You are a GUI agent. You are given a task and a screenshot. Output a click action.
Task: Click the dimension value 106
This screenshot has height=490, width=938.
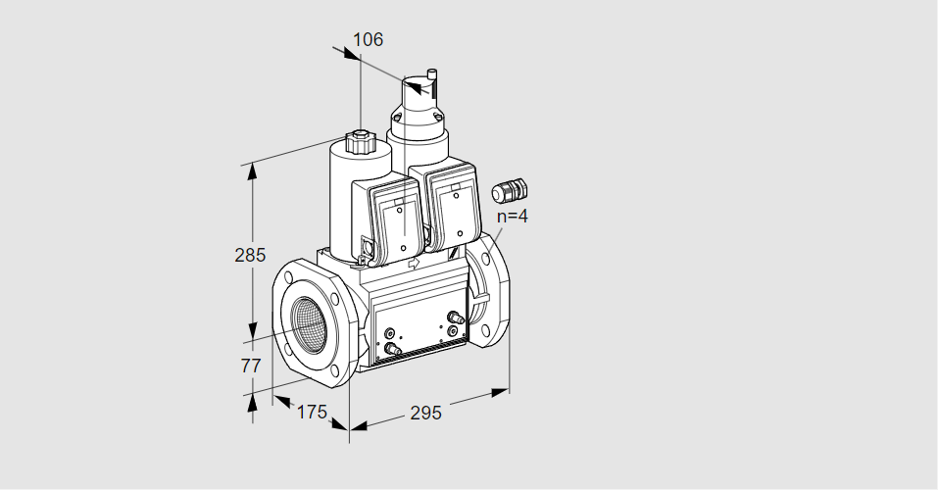368,40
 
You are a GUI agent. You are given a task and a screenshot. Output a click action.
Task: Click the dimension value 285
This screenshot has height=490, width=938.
250,256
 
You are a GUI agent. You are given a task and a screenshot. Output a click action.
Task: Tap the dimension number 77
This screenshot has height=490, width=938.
251,366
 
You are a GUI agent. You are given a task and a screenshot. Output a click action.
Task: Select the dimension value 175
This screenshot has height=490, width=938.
311,412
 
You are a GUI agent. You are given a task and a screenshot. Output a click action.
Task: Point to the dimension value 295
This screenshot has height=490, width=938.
425,413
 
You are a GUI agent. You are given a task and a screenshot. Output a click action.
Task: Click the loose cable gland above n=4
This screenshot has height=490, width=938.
510,188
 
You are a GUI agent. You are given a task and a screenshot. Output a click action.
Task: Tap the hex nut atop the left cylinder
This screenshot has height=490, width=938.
360,142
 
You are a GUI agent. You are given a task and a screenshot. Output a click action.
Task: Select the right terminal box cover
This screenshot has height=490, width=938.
453,212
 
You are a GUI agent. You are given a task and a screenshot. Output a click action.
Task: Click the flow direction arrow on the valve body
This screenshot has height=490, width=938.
412,264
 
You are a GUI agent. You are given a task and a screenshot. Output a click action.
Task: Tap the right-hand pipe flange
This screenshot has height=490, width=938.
489,288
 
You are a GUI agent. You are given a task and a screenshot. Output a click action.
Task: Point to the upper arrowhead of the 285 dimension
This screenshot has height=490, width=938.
252,171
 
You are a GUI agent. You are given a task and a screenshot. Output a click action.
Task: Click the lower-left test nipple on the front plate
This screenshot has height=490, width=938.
392,348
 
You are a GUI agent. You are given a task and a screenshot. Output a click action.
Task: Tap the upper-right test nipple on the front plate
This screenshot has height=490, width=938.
454,317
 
